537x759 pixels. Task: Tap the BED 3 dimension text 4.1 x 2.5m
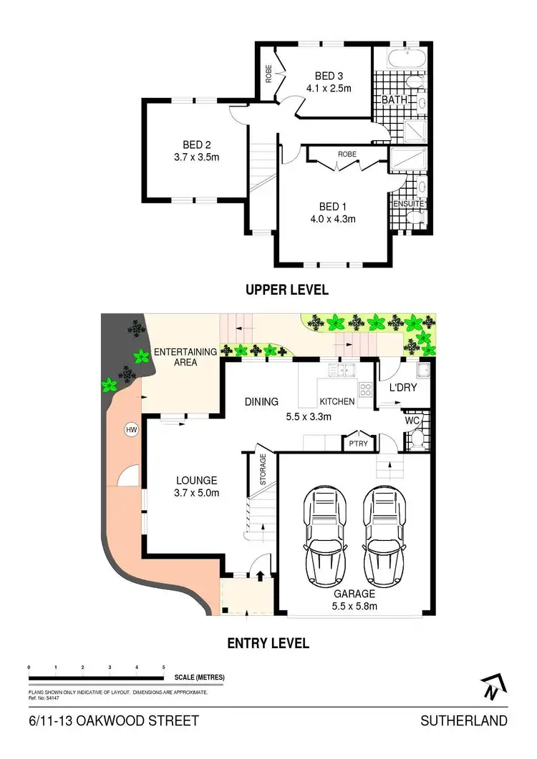pos(334,88)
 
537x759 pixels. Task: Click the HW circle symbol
pos(131,430)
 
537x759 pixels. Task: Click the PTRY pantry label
pos(358,444)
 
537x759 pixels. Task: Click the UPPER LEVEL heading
pos(286,290)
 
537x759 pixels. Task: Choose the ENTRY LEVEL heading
pos(268,643)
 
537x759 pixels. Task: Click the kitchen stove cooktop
pos(365,390)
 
